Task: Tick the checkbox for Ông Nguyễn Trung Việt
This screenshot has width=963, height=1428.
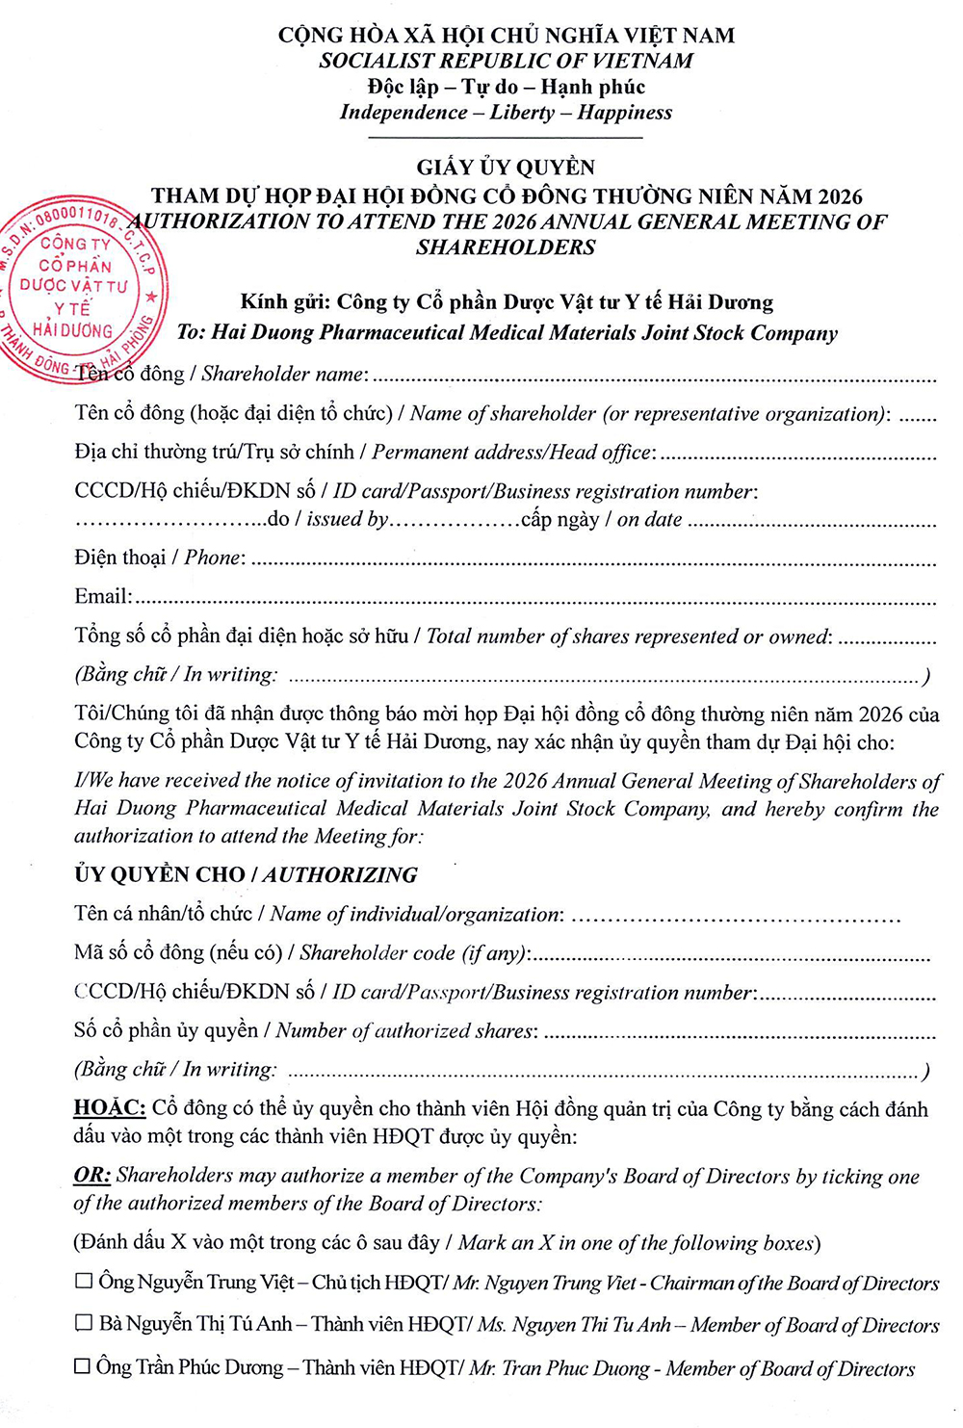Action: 85,1281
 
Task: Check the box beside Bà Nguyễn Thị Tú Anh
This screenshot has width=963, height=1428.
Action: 85,1323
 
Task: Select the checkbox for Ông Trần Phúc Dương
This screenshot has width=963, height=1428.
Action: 83,1365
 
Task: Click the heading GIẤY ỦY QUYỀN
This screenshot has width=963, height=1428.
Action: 506,167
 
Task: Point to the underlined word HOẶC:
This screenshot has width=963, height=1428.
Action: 109,1107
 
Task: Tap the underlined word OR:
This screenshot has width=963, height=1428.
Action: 92,1175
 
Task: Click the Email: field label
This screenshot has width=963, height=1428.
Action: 103,596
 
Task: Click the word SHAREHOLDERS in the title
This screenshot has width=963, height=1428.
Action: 506,247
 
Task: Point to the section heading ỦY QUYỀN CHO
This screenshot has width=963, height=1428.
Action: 159,874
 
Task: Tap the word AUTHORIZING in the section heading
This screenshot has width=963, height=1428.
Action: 341,874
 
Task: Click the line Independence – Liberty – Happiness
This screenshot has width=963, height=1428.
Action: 506,112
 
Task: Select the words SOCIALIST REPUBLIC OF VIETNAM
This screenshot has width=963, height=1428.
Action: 506,61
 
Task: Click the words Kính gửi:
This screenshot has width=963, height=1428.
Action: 284,302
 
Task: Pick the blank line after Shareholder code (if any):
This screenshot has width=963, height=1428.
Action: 732,957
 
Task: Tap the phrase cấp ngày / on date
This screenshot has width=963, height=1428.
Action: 602,520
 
